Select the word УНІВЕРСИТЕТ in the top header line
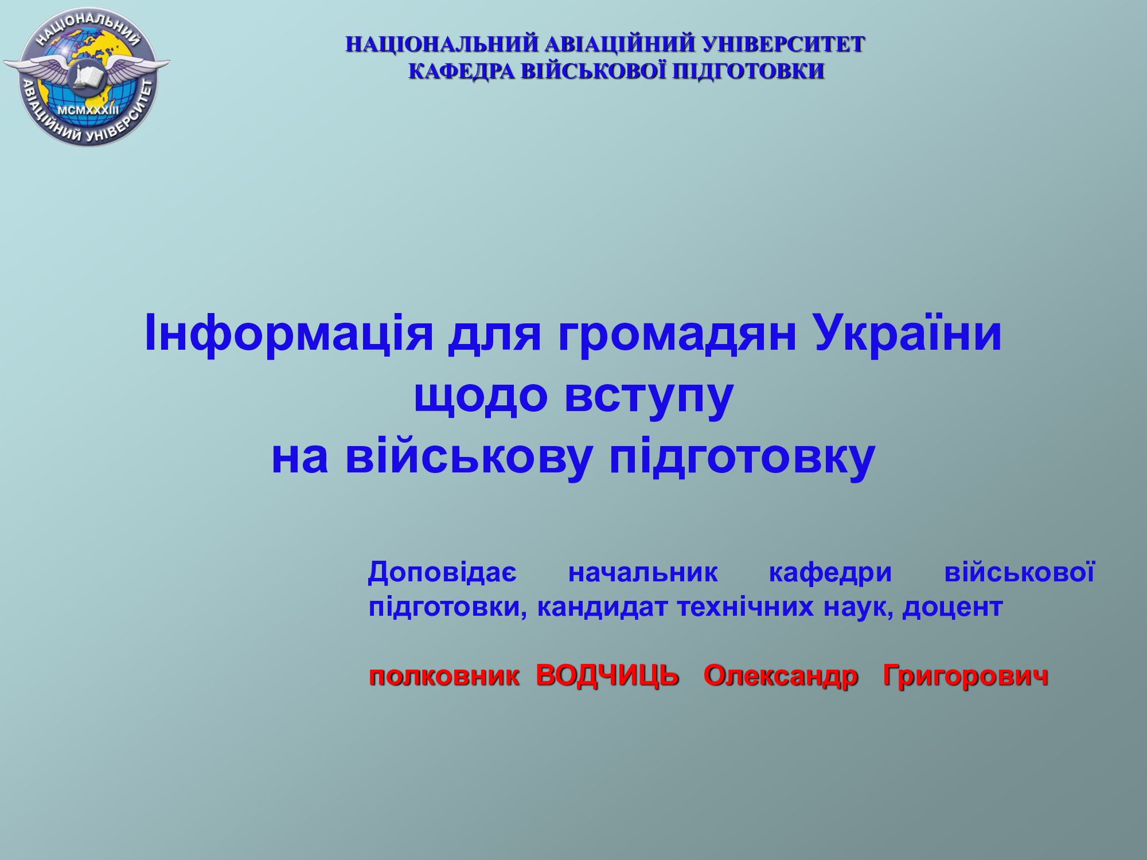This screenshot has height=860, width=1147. point(783,45)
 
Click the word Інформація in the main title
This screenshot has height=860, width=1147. point(289,334)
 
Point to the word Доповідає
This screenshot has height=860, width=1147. point(442,573)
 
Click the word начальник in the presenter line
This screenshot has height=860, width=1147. point(643,573)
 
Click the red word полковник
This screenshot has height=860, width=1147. point(444,676)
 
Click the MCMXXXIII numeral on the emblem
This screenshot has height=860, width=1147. point(88,110)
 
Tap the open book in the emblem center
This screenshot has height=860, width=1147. point(88,77)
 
